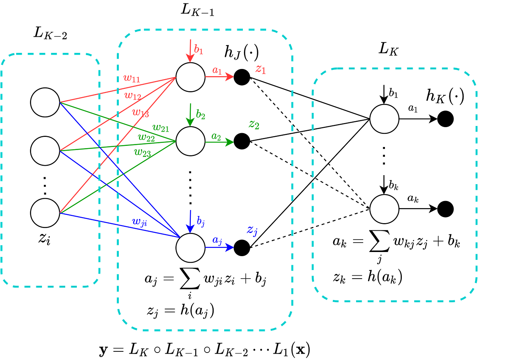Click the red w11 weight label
pos(131,79)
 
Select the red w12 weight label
pos(133,96)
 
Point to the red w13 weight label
pos(141,112)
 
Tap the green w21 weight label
pos(161,128)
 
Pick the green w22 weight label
pos(146,138)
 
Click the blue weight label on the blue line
pos(139,222)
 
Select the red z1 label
pos(260,69)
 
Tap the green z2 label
pos(254,125)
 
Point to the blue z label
pos(252,230)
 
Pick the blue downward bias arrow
pos(190,221)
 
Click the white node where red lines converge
pos(190,77)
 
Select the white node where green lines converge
pos(190,141)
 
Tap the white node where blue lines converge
pos(190,248)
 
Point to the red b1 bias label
pos(199,50)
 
